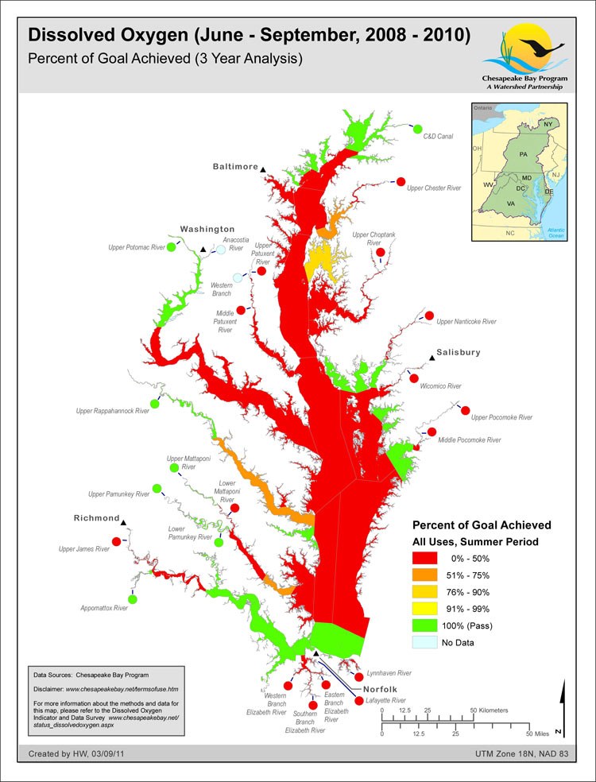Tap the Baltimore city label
pos(235,167)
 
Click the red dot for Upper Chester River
pos(401,181)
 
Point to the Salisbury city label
pos(458,352)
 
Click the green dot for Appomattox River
pos(132,598)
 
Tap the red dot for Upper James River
pos(117,541)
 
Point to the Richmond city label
pos(96,518)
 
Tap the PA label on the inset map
pos(522,153)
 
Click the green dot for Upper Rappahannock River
pos(154,404)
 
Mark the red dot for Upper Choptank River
pos(380,253)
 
